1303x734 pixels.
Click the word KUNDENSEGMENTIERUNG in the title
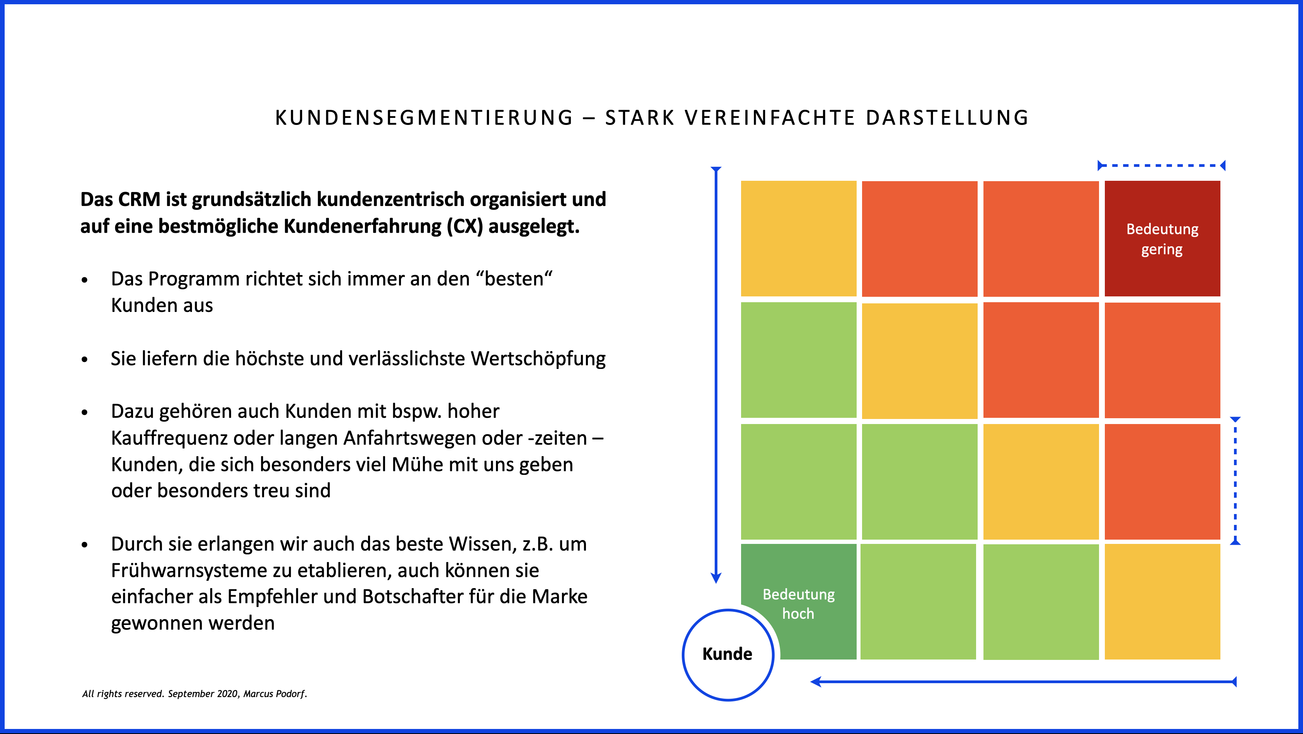424,118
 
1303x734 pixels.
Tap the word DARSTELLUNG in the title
947,118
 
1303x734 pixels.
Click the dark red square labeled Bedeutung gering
1162,238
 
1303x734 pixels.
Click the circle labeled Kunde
728,654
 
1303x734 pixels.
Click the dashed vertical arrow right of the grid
1235,481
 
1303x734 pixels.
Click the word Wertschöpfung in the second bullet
538,358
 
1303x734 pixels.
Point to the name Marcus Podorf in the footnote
275,694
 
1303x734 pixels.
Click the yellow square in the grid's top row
798,238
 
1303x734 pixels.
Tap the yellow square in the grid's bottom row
1162,601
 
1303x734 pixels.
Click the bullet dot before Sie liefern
85,360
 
